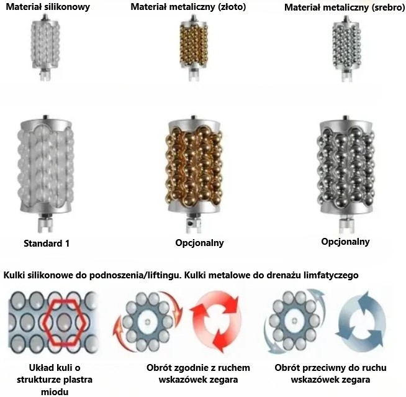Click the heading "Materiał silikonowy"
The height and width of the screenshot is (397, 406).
(x=48, y=7)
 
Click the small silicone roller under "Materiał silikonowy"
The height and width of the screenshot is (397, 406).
(x=45, y=48)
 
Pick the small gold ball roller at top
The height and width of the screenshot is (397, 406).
(x=194, y=48)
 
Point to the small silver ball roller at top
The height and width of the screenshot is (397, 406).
(x=346, y=48)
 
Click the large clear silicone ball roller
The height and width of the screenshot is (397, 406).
(x=45, y=173)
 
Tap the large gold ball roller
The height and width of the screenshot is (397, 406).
(x=194, y=173)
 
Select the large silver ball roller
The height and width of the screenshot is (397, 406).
(x=346, y=174)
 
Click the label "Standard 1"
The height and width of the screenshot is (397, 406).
(x=47, y=244)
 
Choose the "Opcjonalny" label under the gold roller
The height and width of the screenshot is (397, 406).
(x=199, y=243)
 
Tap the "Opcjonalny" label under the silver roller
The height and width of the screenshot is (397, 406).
(x=345, y=242)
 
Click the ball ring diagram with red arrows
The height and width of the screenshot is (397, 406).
(x=148, y=322)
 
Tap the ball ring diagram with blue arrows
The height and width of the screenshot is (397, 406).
(x=294, y=321)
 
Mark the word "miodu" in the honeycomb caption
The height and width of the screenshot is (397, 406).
(x=55, y=391)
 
